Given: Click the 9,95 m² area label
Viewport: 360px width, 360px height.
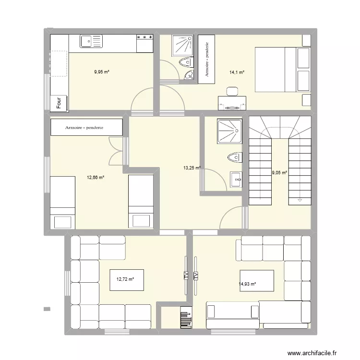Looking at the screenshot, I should coord(102,72).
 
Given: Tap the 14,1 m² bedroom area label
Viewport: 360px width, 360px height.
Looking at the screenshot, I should coord(237,72).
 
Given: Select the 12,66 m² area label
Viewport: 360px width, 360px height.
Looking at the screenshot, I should coord(96,177).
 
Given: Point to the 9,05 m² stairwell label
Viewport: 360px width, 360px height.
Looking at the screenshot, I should coord(279,173).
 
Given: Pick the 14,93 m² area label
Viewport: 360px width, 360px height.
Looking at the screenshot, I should coord(247,284).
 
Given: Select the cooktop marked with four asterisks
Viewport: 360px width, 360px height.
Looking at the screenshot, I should coord(145,43).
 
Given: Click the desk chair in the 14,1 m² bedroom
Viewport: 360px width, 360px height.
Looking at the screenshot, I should coord(232,91).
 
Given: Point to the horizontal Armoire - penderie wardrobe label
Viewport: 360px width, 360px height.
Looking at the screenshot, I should coord(87,128).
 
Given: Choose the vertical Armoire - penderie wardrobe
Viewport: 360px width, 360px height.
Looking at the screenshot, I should coord(207,59).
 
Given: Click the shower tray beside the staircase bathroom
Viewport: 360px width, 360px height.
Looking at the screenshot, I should coord(231,132).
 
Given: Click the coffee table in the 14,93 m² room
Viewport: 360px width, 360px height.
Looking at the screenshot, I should coord(257,281).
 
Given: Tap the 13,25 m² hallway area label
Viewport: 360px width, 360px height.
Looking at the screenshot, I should coord(192,168).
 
